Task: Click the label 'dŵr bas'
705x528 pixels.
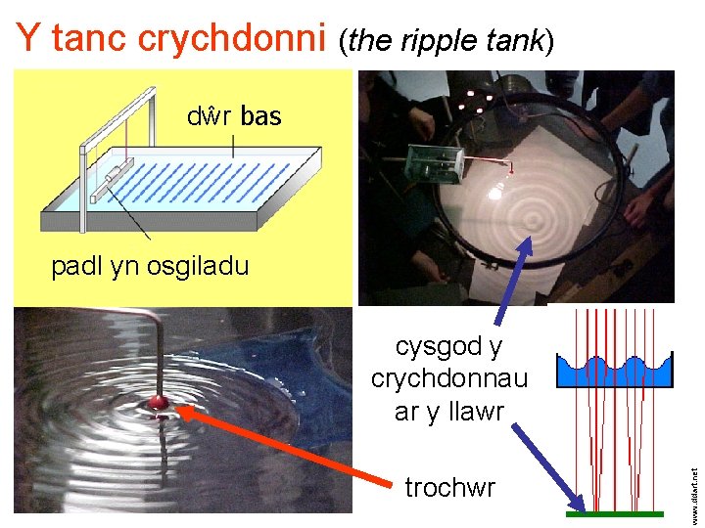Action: pyautogui.click(x=234, y=117)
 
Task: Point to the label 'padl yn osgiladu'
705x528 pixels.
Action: pyautogui.click(x=150, y=266)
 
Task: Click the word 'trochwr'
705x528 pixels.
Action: pyautogui.click(x=449, y=487)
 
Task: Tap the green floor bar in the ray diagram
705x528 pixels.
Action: pyautogui.click(x=615, y=513)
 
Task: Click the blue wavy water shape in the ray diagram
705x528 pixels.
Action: pyautogui.click(x=615, y=371)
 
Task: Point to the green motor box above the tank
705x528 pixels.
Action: pyautogui.click(x=435, y=163)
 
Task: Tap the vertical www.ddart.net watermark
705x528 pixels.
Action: pyautogui.click(x=694, y=485)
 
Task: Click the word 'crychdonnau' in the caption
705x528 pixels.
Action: pyautogui.click(x=449, y=379)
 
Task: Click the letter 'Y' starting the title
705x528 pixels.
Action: pyautogui.click(x=29, y=38)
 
